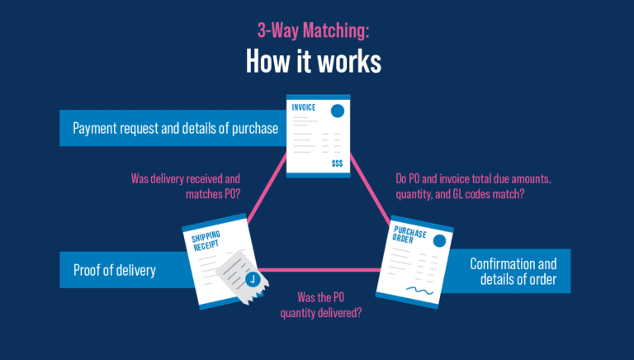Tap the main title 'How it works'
(x=317, y=62)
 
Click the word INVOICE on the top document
(x=305, y=108)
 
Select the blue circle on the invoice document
(x=338, y=111)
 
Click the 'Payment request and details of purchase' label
(x=174, y=129)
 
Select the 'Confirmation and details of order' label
(x=513, y=271)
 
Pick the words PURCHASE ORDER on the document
(x=410, y=236)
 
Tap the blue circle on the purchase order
(x=440, y=241)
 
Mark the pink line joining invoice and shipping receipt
(x=269, y=195)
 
